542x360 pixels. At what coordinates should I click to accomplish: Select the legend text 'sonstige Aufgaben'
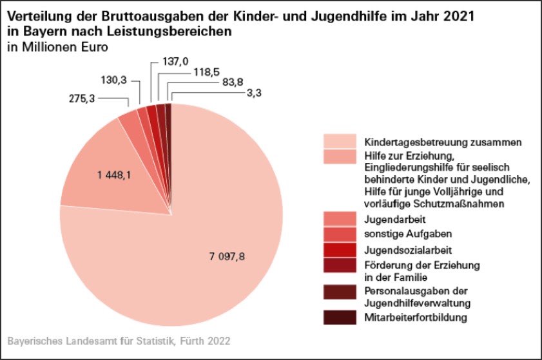tap(399, 234)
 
